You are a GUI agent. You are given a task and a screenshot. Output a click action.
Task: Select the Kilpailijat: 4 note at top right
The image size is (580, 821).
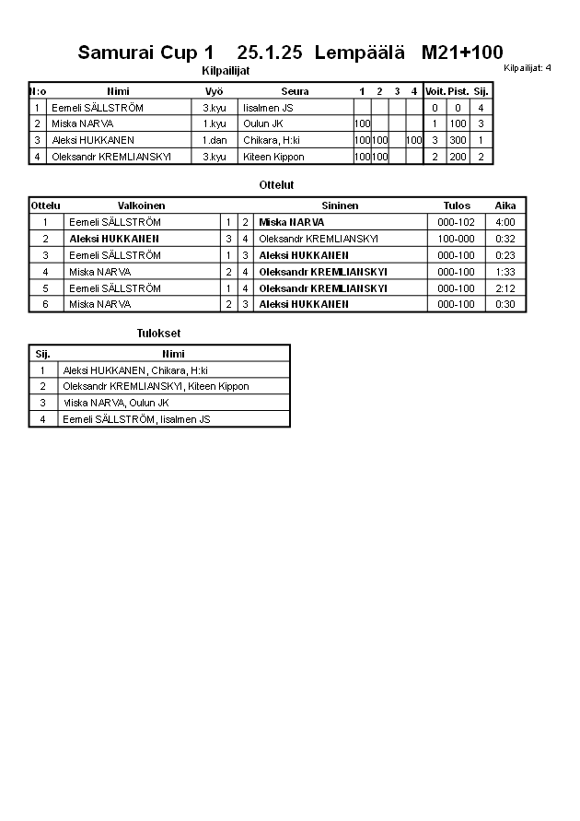tap(528, 68)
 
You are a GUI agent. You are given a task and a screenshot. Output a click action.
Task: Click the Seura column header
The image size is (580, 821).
tap(295, 91)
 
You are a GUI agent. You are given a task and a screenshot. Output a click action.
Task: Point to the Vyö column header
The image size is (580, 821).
tap(214, 91)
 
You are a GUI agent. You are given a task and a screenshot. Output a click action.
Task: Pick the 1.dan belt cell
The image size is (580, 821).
tap(214, 140)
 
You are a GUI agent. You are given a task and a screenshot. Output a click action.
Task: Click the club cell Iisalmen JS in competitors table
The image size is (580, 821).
tap(268, 108)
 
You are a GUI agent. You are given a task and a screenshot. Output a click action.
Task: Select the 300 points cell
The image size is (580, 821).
tap(458, 140)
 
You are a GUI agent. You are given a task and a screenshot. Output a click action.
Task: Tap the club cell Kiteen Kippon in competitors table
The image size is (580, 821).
tap(273, 157)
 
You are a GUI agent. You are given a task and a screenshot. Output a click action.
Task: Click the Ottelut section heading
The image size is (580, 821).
tap(276, 185)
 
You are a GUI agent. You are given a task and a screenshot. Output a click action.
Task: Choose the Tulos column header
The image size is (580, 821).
tap(457, 205)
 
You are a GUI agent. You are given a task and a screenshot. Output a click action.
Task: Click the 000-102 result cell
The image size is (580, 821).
tap(457, 222)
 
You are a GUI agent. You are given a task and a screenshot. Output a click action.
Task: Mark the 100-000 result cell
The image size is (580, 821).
tap(457, 239)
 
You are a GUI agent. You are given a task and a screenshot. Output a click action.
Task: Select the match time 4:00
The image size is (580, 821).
tap(505, 222)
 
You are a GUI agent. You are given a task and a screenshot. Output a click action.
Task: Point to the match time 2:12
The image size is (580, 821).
tap(505, 288)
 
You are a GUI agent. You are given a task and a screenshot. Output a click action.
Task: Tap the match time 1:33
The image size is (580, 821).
tap(505, 272)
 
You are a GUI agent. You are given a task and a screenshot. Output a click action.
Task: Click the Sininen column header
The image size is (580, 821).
tap(340, 205)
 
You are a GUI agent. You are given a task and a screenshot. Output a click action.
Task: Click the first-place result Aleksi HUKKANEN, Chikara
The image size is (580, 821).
tap(135, 369)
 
